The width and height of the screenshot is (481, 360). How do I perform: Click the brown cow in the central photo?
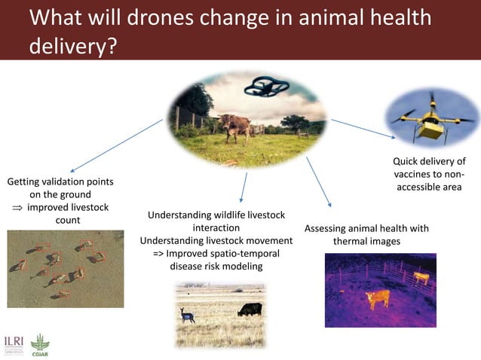pyautogui.click(x=234, y=124)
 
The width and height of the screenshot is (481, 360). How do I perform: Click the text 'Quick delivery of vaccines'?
pyautogui.click(x=429, y=167)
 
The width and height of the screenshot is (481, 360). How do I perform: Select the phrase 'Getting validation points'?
pyautogui.click(x=60, y=182)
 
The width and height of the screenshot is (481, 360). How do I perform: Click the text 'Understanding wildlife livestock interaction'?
pyautogui.click(x=216, y=221)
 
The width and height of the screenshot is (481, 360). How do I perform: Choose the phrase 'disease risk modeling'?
pyautogui.click(x=216, y=266)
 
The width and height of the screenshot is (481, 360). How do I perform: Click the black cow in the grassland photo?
pyautogui.click(x=249, y=309)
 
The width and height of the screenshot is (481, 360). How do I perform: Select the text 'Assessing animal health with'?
pyautogui.click(x=366, y=228)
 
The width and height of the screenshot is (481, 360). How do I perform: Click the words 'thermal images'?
pyautogui.click(x=366, y=242)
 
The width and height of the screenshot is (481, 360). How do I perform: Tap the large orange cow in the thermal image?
pyautogui.click(x=376, y=299)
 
